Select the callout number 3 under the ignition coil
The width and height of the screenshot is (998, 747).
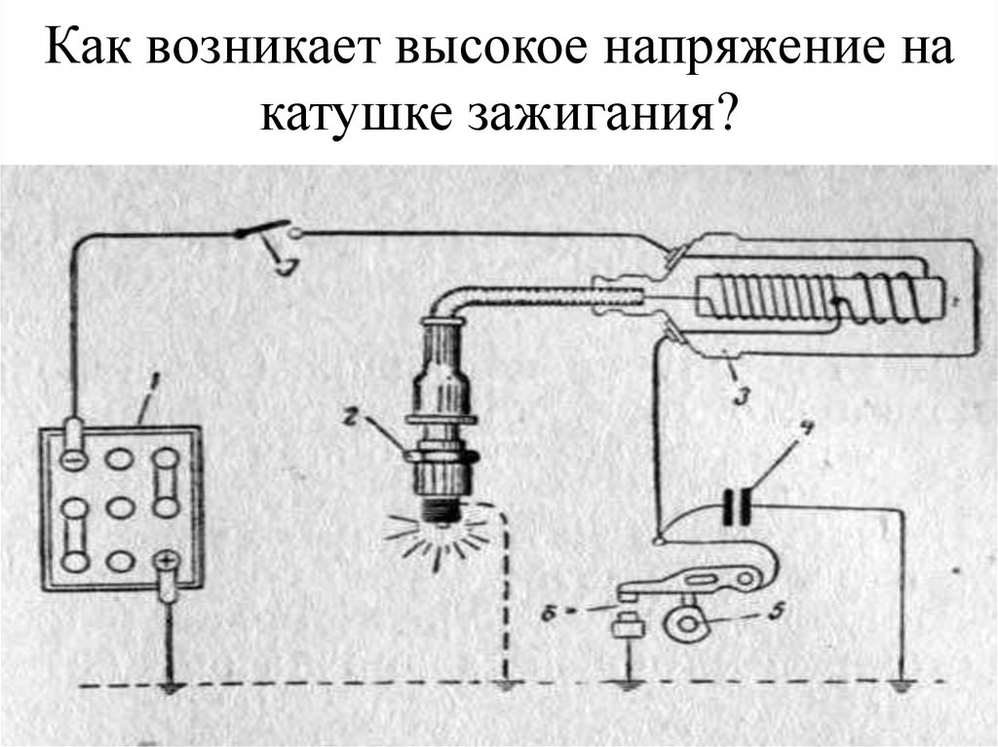point(743,395)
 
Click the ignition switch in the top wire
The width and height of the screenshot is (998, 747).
point(266,234)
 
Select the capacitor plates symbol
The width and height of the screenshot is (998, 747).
point(739,505)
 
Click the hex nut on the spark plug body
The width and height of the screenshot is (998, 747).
point(439,455)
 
